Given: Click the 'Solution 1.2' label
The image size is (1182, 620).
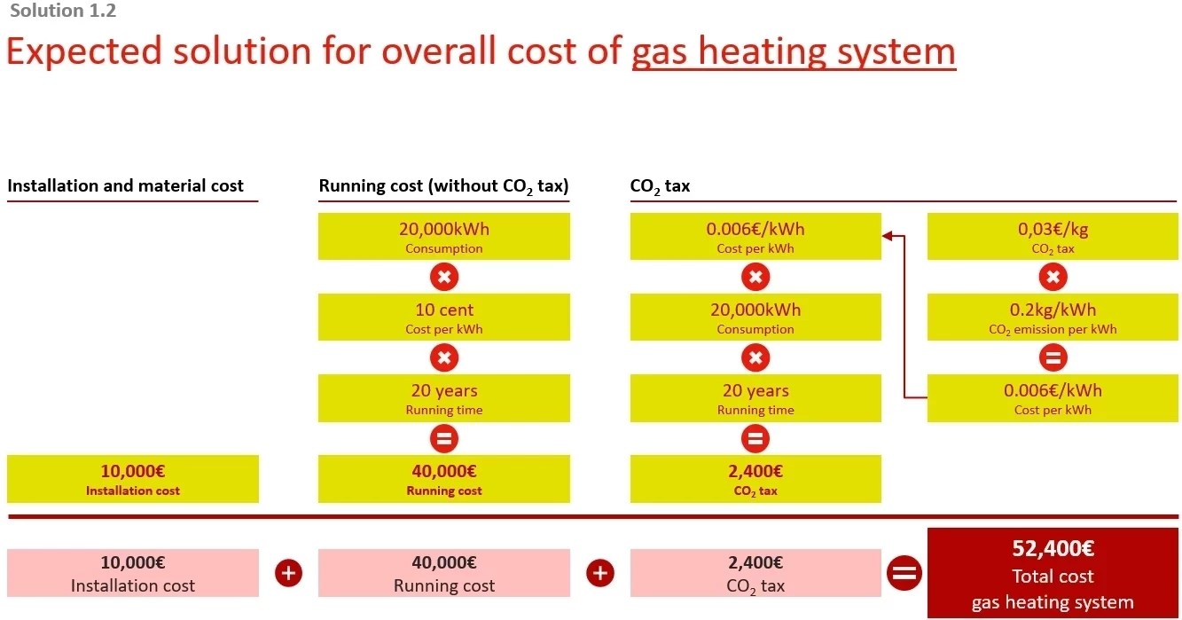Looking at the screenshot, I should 63,12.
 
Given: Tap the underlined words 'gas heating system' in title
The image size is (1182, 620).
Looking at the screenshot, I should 794,51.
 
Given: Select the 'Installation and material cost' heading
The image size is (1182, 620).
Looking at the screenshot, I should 125,186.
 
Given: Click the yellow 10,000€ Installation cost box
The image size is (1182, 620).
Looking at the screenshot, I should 133,479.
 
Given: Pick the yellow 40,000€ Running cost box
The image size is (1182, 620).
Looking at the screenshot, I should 444,479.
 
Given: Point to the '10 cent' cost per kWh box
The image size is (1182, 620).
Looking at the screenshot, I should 444,318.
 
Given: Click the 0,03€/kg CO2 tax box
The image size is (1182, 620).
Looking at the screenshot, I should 1053,237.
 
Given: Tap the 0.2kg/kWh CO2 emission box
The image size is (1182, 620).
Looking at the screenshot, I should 1053,318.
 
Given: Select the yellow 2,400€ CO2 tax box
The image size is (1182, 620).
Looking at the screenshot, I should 755,479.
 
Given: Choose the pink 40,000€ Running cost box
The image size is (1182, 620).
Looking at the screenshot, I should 444,573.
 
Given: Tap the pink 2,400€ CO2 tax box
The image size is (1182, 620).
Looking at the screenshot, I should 755,573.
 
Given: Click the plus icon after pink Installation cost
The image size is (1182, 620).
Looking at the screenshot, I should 288,573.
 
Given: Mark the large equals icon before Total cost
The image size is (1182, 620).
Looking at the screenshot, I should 904,573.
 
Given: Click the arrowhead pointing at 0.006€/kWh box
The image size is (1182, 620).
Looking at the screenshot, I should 888,236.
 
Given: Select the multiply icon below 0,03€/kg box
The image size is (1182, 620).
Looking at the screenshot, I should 1053,278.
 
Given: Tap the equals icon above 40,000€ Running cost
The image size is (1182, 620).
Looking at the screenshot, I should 444,438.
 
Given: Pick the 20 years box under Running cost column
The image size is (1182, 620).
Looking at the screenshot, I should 444,398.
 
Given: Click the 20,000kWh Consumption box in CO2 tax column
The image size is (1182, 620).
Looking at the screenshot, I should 755,318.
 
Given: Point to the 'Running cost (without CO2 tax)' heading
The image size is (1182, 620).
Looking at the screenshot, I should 443,186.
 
